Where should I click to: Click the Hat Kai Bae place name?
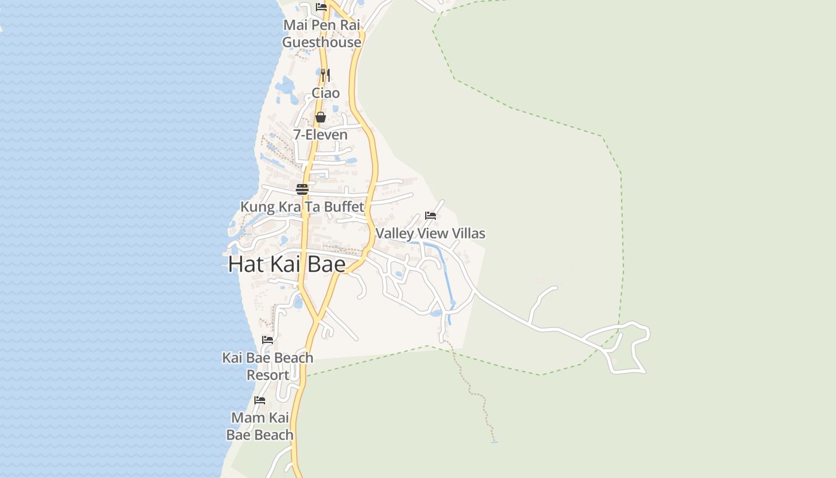[x=287, y=264]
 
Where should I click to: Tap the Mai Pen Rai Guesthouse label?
[x=322, y=33]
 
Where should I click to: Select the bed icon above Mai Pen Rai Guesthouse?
[x=321, y=7]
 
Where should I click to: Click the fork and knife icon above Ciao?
[x=325, y=75]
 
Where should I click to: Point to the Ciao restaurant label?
[x=325, y=93]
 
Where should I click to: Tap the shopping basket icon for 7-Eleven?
[x=321, y=117]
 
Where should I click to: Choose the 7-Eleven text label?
[x=320, y=135]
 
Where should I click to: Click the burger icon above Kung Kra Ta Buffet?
[x=302, y=189]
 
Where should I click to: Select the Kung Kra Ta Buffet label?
[x=302, y=207]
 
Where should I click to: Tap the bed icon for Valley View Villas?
[x=431, y=216]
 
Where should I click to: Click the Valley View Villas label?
[x=430, y=234]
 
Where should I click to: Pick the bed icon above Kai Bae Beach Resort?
[x=268, y=340]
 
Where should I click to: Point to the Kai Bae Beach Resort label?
[x=268, y=366]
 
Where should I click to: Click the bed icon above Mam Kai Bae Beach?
[x=260, y=400]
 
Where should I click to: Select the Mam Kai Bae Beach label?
[x=260, y=426]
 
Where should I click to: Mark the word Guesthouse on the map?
[x=322, y=42]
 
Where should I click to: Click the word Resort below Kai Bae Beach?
[x=268, y=375]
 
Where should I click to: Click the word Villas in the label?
[x=468, y=234]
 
